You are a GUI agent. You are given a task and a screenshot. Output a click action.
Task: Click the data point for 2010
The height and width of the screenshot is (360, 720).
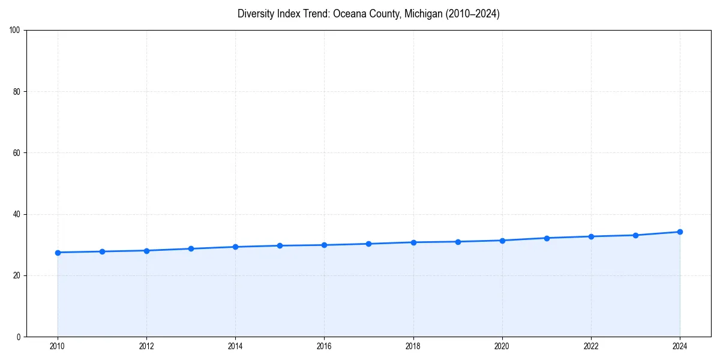(x=58, y=253)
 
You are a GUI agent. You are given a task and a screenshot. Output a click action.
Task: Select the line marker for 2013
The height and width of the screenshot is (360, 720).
(x=191, y=248)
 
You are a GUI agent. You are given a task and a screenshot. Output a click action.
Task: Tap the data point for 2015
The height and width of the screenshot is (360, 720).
(x=280, y=245)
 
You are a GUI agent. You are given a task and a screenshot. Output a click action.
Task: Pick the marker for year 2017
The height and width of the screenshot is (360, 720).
(x=368, y=244)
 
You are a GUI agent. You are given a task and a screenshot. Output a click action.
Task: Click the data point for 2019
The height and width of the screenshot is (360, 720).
(x=458, y=242)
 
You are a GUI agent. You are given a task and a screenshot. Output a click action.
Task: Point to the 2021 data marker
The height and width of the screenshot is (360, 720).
(x=547, y=238)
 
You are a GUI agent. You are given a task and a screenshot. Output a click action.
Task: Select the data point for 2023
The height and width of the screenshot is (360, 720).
(x=635, y=235)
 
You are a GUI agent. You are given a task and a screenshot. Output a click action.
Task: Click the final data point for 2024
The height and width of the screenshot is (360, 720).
(x=680, y=232)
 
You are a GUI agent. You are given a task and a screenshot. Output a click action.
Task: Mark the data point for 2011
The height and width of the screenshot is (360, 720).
(x=102, y=251)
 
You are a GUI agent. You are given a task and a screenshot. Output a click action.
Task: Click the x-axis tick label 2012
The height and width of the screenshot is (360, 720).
(x=146, y=346)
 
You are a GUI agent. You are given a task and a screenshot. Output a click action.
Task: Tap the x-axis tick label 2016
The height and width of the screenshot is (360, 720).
(x=324, y=346)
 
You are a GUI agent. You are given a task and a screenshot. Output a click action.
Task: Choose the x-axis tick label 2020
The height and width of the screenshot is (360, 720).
(x=502, y=346)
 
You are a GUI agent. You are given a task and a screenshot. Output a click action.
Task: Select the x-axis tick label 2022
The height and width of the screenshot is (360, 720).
(x=591, y=346)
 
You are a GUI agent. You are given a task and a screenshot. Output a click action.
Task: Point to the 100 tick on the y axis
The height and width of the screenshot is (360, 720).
(x=16, y=31)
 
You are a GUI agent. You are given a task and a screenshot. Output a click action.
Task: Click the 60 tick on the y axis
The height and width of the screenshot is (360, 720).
(x=17, y=153)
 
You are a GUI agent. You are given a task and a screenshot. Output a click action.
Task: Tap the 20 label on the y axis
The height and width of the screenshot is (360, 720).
(x=17, y=275)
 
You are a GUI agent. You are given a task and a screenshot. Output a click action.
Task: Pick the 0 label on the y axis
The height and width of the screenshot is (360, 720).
(x=19, y=337)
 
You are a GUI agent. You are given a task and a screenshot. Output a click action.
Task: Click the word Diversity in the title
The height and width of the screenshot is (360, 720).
(x=256, y=14)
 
